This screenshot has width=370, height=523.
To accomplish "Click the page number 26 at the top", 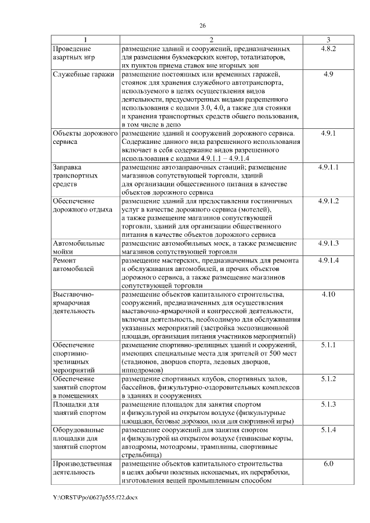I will (203, 25).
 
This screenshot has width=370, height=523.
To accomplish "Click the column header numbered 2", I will (212, 40).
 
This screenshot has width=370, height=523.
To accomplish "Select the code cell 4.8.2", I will (328, 49).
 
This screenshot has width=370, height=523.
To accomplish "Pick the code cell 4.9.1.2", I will (328, 201).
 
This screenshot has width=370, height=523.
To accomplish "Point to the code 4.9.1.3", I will (328, 243).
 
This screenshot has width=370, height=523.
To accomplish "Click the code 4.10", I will (328, 294).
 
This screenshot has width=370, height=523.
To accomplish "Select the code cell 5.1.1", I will (328, 344).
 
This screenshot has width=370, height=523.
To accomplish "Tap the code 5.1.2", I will (328, 379).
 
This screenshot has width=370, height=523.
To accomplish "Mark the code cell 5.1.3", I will (328, 404).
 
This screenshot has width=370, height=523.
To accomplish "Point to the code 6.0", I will (328, 463).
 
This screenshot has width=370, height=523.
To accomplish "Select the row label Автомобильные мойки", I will (79, 247).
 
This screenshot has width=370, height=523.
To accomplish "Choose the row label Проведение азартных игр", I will (73, 53).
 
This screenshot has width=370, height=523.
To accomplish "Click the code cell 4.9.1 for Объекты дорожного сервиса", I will (328, 133).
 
